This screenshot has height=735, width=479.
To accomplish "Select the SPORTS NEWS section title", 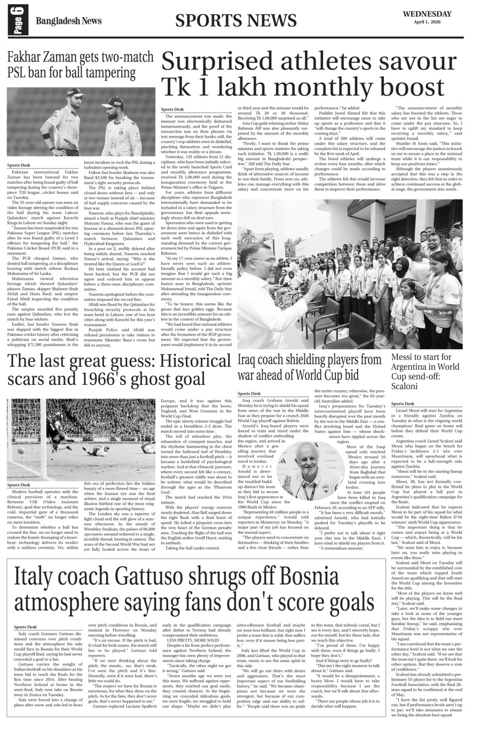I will click(x=235, y=20).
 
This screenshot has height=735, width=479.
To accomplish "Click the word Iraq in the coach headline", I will click(x=249, y=359).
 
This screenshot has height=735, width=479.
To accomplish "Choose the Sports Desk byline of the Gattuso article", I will click(x=26, y=627).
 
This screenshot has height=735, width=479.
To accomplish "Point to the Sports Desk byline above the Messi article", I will click(x=403, y=404).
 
